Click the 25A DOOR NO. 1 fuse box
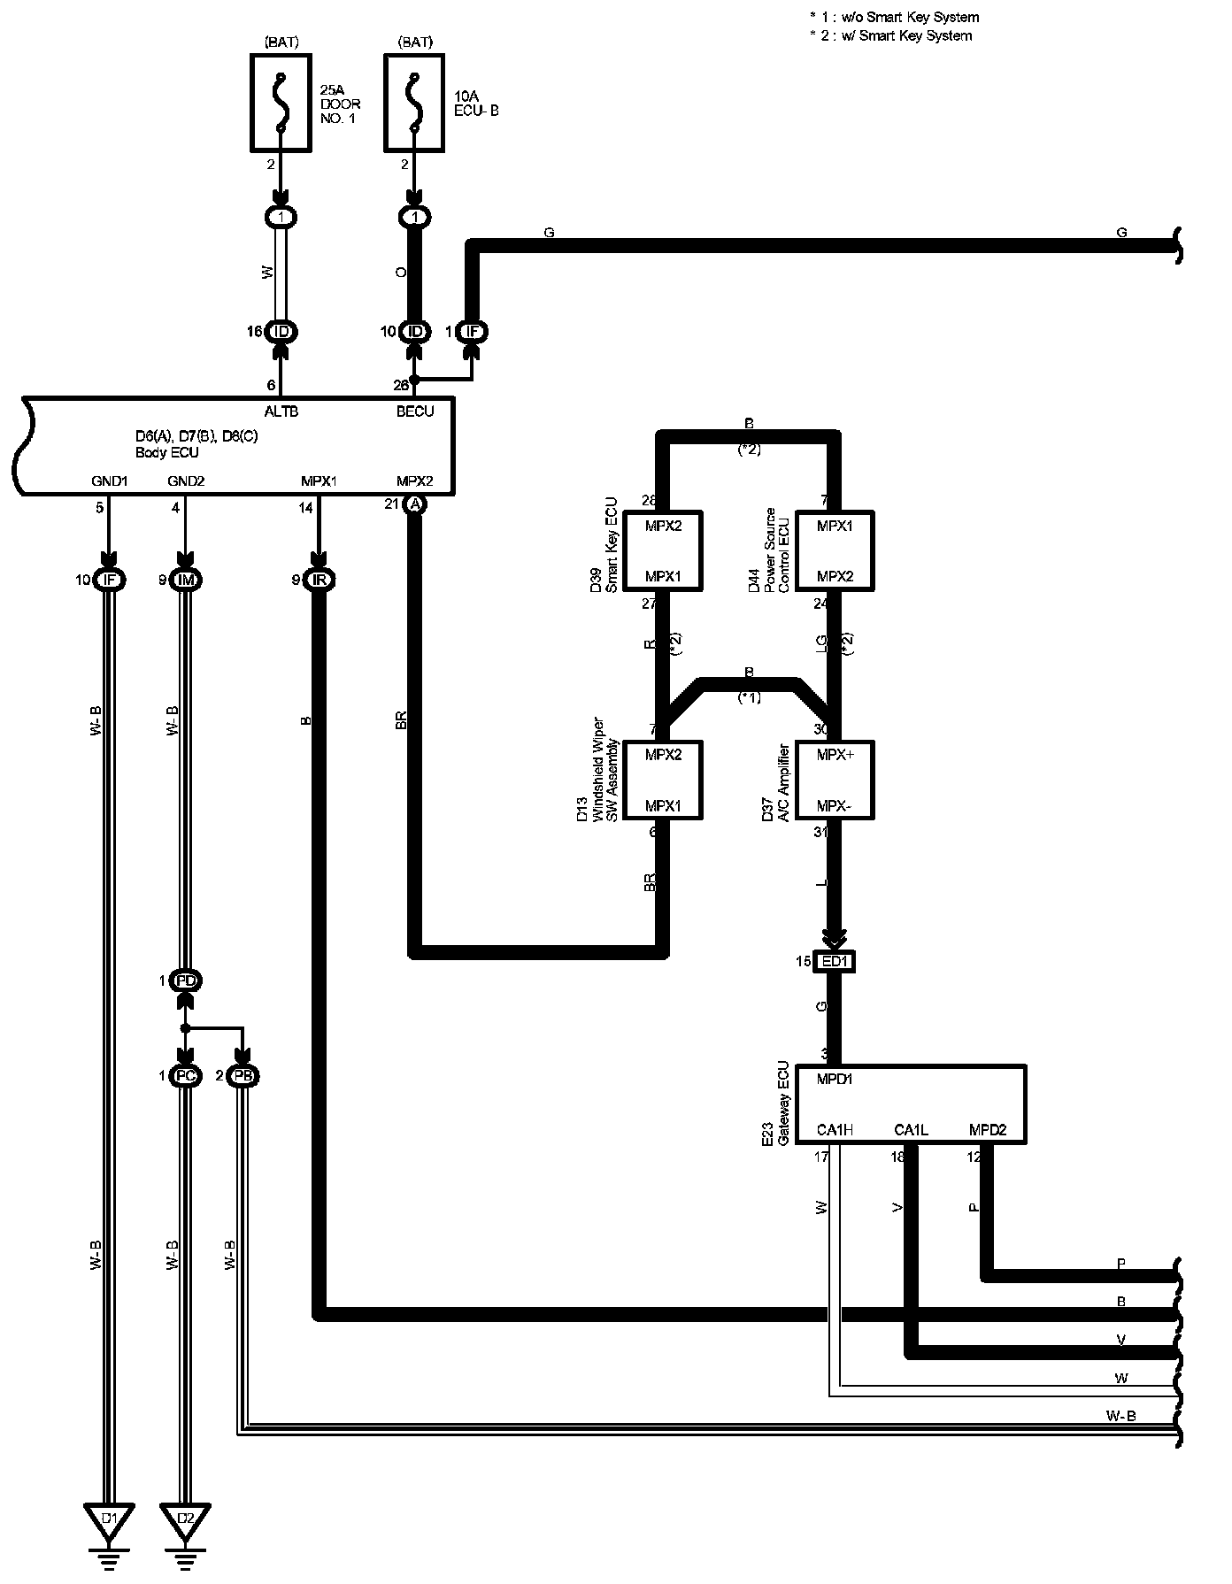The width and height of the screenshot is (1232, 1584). point(281,103)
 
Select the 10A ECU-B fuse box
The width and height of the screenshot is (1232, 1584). point(413,103)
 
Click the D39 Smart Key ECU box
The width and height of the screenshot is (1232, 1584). point(663,550)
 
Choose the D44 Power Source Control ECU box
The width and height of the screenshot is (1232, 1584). point(835,550)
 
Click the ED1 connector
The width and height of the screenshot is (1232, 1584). point(835,961)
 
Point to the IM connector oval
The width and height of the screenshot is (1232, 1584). point(186,581)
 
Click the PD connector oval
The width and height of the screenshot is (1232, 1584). point(186,980)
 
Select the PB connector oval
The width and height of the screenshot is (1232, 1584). point(243,1076)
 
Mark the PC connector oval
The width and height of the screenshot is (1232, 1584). point(186,1076)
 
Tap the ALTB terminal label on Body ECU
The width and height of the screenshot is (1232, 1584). point(281,411)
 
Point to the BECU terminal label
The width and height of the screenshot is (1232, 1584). point(414,411)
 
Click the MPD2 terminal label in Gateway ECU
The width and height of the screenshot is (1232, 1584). point(987,1129)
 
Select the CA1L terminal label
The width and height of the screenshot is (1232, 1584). point(911,1129)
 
